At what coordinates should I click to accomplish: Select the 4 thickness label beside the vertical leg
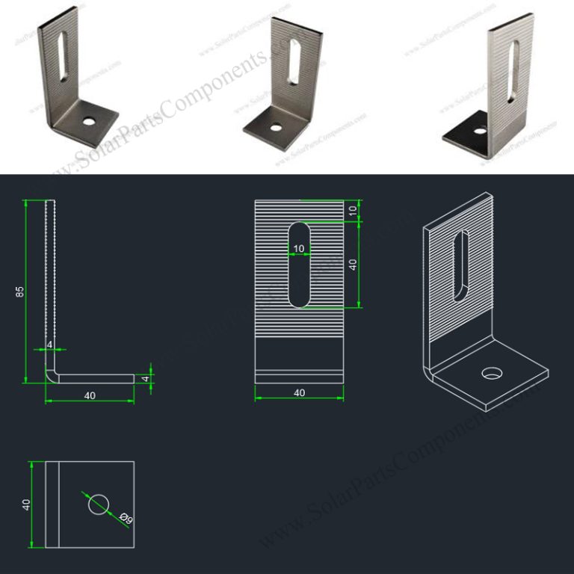coord(49,345)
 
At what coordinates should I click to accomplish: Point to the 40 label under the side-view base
coord(90,395)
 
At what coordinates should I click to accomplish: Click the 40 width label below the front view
coord(299,392)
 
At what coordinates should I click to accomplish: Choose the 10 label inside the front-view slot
coord(298,248)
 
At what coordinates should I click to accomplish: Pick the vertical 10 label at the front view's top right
coord(352,211)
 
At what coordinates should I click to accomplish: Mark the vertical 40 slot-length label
coord(352,263)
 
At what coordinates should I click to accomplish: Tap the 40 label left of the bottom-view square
coord(26,504)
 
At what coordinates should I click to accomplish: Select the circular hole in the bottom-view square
coord(99,504)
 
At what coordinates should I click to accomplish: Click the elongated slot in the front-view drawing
coord(298,264)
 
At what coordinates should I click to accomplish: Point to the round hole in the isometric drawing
coord(492,371)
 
